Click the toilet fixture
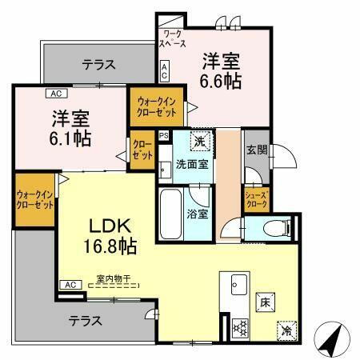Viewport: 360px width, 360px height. point(272,228)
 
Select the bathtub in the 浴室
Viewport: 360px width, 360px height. point(172,211)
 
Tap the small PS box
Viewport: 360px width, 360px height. point(164,136)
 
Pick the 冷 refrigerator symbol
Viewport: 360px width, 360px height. point(285,329)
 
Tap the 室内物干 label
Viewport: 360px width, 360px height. point(112,279)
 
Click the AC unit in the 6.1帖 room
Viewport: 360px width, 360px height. point(58,93)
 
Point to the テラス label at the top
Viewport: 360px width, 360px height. point(99,63)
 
